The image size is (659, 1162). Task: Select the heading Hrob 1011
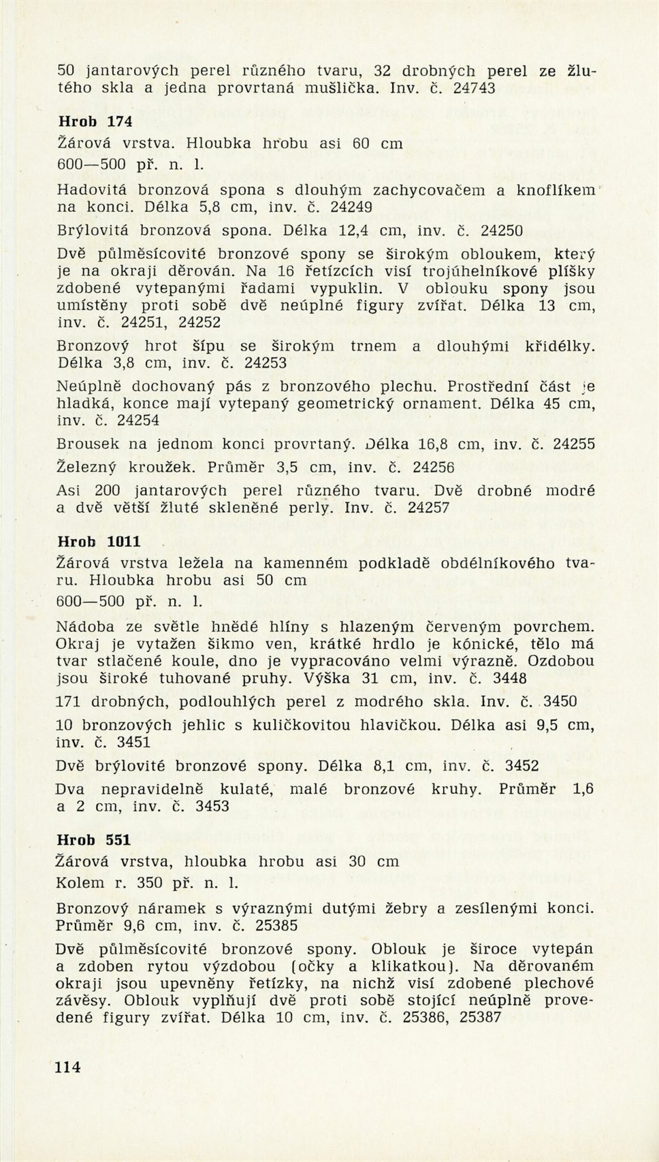[x=99, y=541]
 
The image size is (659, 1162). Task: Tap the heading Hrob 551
[x=93, y=840]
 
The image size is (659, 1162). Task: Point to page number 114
[x=68, y=1066]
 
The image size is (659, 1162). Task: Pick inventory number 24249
[x=351, y=207]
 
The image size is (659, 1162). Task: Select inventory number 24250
[x=502, y=230]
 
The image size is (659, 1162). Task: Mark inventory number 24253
[x=266, y=363]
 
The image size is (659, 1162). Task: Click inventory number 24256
[x=433, y=467]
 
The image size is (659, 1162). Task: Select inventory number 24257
[x=428, y=508]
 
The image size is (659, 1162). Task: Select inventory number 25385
[x=276, y=925]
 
